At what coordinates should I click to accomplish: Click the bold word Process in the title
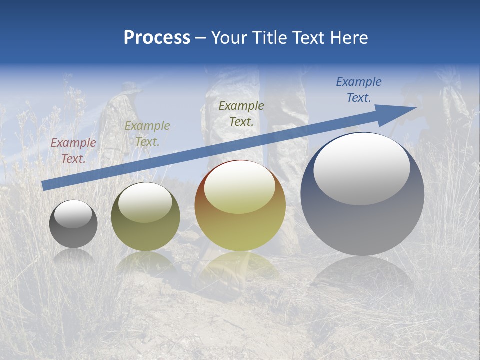coord(157,38)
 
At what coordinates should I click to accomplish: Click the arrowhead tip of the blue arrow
coord(415,108)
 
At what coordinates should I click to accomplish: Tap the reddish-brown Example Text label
coord(73,150)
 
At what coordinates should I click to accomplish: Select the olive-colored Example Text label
coord(147,133)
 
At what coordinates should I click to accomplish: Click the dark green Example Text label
coord(241,113)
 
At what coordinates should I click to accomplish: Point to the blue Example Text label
coord(358,89)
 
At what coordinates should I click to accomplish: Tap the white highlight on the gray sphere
coord(73,214)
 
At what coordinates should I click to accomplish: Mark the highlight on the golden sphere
coord(239,188)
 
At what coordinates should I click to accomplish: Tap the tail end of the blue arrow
coord(45,185)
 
